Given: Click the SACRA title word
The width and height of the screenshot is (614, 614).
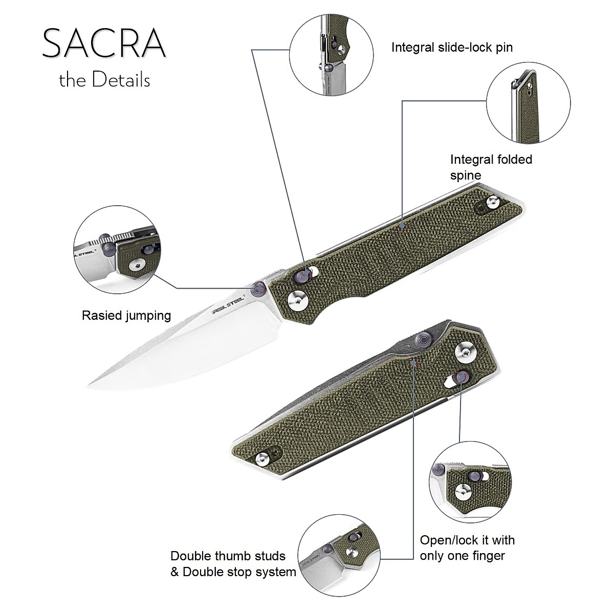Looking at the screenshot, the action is coord(104,43).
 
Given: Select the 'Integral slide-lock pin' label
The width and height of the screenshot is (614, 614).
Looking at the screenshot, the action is coord(452,48).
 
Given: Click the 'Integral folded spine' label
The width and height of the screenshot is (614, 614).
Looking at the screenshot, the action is coord(491,167).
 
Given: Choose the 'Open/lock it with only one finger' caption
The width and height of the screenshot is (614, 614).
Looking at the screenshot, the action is coord(467,548).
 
